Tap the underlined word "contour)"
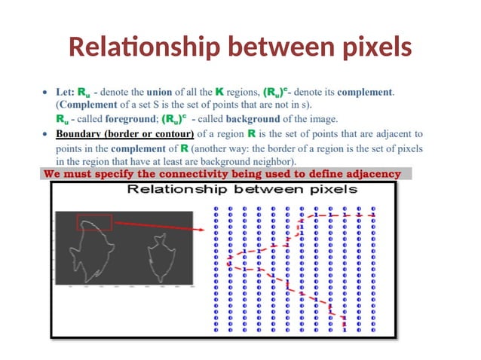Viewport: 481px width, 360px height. pos(174,134)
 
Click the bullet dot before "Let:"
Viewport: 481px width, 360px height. pos(46,92)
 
